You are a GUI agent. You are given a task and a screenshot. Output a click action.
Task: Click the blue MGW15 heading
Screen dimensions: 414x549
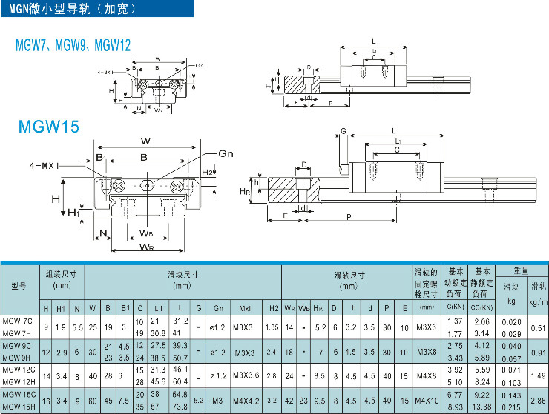48,127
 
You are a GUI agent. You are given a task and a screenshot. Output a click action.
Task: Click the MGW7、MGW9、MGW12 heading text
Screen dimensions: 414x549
73,46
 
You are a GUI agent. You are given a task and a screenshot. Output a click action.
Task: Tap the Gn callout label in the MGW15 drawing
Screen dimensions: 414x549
226,153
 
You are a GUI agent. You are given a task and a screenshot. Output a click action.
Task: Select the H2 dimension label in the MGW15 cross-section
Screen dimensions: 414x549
208,173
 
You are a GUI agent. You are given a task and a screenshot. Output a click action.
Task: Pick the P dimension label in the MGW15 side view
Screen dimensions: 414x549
348,216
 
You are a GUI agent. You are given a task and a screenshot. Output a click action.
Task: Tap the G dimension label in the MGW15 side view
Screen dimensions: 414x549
343,131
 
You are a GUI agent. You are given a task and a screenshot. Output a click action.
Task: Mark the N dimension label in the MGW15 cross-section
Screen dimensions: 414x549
102,234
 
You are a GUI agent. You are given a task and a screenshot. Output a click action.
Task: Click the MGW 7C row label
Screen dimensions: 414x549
18,321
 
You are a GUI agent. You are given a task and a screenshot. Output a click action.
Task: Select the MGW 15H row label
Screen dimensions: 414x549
19,407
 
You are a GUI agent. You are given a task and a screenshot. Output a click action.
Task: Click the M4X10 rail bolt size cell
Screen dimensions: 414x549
427,401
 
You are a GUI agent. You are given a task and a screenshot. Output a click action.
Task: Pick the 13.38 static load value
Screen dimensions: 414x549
482,407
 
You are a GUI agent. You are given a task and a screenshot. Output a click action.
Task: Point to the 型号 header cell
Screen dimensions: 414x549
19,287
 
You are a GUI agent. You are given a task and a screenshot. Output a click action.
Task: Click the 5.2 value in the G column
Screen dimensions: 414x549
199,401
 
